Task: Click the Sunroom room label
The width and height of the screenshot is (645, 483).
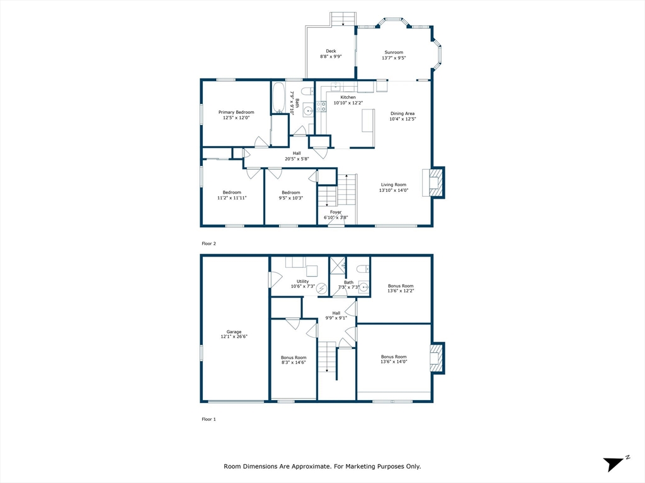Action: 394,53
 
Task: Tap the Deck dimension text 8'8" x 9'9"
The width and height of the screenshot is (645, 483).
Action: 331,57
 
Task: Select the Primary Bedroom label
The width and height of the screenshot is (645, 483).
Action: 236,112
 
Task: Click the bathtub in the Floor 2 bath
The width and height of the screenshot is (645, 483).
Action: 278,97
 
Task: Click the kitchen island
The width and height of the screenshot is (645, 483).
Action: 368,120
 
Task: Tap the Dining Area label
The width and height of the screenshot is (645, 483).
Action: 402,114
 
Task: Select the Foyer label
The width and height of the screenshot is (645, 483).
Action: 336,213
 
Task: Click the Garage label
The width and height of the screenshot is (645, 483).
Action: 234,332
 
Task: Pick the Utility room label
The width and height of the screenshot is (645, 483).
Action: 303,281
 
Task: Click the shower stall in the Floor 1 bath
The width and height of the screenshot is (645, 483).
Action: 338,265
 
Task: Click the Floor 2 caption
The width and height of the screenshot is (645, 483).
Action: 208,243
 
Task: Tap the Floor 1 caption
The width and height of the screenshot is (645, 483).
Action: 208,419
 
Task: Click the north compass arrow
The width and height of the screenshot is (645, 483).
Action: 614,464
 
